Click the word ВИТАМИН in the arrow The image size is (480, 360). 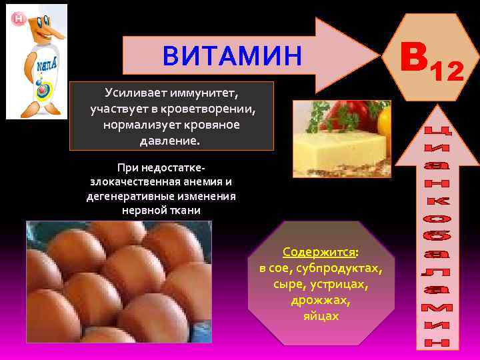tap(232, 56)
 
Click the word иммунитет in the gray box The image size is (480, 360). tap(200, 90)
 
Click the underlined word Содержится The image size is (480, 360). tap(319, 253)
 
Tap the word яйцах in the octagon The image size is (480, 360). tap(321, 316)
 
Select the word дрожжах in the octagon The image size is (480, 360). tap(320, 300)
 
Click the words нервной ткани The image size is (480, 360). tap(161, 211)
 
